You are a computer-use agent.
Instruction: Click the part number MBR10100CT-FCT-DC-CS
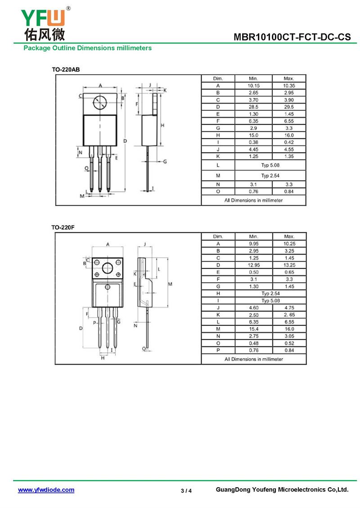click(292, 37)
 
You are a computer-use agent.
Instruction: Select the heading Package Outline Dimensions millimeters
click(88, 48)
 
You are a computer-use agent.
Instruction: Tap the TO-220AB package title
click(66, 69)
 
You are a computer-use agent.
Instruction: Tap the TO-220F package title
click(63, 227)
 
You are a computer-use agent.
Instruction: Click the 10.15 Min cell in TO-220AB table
click(254, 86)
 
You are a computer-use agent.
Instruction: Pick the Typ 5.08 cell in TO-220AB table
click(270, 165)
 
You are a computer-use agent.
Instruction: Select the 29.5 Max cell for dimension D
click(289, 107)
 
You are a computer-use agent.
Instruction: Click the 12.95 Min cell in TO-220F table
click(254, 265)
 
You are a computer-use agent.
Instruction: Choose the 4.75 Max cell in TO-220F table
click(289, 308)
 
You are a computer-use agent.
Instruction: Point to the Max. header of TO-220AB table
click(289, 78)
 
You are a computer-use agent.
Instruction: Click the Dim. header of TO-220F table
click(218, 236)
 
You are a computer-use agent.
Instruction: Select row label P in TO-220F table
click(218, 350)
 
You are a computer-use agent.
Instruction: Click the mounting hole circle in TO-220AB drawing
click(99, 102)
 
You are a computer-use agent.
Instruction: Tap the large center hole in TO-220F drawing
click(108, 268)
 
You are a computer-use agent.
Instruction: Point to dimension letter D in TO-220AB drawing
click(125, 141)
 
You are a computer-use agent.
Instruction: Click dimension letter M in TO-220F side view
click(170, 284)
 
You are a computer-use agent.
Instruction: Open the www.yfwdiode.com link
click(46, 490)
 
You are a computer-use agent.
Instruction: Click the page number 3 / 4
click(186, 491)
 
